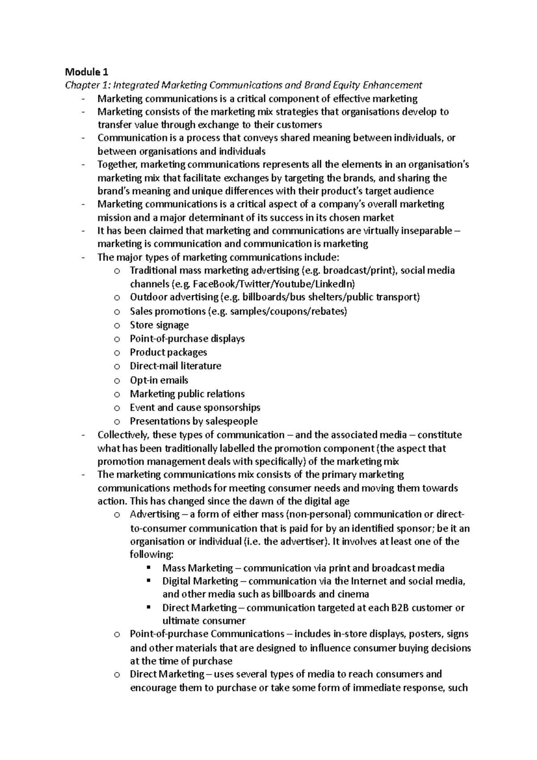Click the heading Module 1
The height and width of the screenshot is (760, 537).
tap(87, 72)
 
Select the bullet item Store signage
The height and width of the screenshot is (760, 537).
tap(159, 325)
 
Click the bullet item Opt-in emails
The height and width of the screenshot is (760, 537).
tap(159, 380)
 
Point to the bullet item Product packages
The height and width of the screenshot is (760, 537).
tap(168, 352)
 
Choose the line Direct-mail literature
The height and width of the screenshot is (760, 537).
tap(175, 366)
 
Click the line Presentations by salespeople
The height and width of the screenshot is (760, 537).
tap(193, 421)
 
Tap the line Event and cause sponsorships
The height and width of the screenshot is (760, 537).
tap(195, 407)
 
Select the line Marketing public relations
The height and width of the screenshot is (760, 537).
tap(187, 394)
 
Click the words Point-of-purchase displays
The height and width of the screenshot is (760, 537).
tap(187, 338)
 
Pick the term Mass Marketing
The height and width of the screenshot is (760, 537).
tap(197, 568)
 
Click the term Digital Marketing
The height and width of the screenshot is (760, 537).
tap(200, 581)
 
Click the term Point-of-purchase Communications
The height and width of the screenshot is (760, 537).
tap(207, 634)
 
